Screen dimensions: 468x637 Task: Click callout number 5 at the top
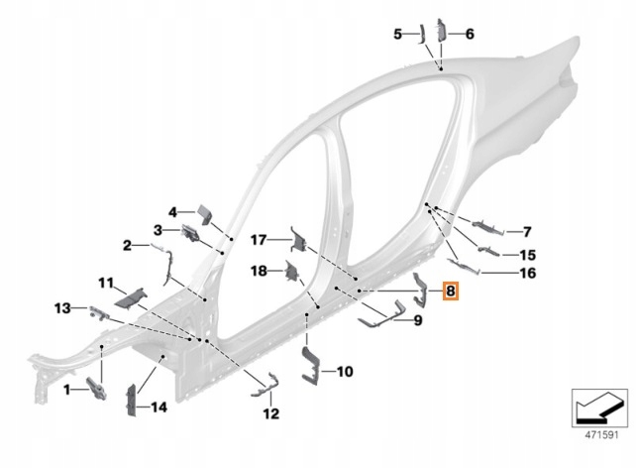tap(397, 34)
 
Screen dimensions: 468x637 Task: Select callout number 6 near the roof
tap(470, 34)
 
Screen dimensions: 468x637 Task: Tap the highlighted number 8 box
tap(450, 292)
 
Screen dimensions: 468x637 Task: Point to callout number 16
tap(527, 273)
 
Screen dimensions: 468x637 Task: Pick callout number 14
tap(158, 407)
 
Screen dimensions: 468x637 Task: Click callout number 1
tap(67, 391)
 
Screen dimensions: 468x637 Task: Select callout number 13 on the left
tap(61, 307)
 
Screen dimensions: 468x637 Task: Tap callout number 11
tap(105, 284)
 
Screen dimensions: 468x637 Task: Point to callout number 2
tap(128, 245)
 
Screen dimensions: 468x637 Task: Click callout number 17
tap(258, 240)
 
